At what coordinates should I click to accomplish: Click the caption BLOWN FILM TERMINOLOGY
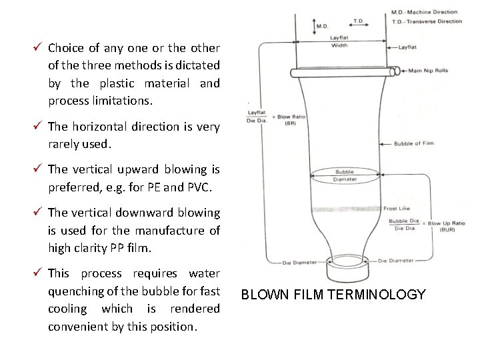coord(333,295)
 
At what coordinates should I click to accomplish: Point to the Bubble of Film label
coord(413,143)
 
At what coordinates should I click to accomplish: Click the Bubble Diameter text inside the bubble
coord(344,175)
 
